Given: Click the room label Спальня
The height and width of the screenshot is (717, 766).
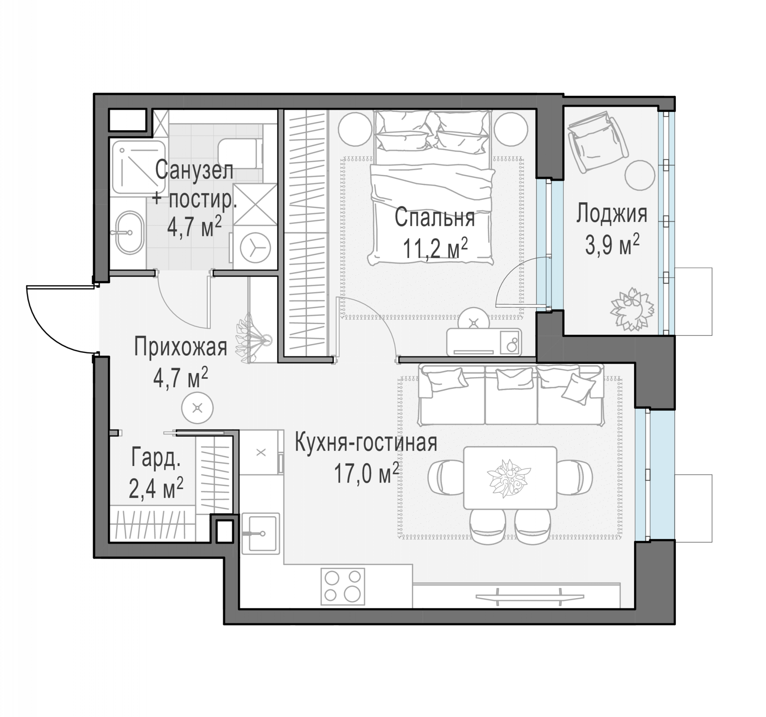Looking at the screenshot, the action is point(434,218).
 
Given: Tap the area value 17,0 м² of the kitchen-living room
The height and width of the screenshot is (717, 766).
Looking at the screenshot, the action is point(366,473).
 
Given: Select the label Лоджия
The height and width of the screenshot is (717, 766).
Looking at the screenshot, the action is point(611,214).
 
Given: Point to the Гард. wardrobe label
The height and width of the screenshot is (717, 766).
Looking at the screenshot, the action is point(156,457).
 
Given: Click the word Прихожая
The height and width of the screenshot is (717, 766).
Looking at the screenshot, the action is point(181,347).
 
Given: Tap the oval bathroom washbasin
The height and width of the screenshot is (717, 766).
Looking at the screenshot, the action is point(129,232).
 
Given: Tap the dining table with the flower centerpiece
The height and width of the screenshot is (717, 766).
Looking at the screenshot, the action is point(510,478).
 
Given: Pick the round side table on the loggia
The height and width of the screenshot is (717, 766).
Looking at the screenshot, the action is point(640,175).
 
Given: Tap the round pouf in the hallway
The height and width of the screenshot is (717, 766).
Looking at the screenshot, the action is point(198,408).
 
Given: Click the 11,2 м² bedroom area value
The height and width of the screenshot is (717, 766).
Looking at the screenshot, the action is point(436,248).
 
